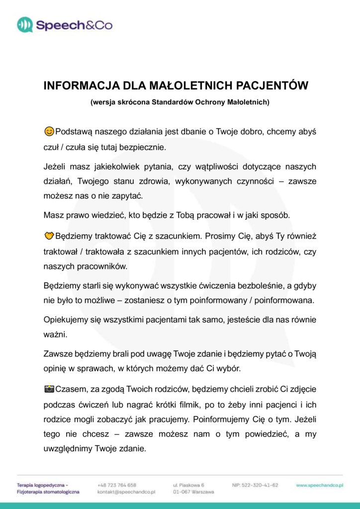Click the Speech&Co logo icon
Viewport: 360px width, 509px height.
pyautogui.click(x=24, y=24)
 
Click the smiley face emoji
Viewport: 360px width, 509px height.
pyautogui.click(x=49, y=132)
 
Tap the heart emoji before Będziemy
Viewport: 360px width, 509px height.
pyautogui.click(x=49, y=235)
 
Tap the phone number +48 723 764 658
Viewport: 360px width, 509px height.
pyautogui.click(x=117, y=485)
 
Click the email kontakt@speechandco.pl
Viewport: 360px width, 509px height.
pyautogui.click(x=126, y=492)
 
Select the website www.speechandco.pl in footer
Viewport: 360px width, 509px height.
pyautogui.click(x=319, y=485)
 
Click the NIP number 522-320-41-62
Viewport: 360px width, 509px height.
pyautogui.click(x=255, y=485)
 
